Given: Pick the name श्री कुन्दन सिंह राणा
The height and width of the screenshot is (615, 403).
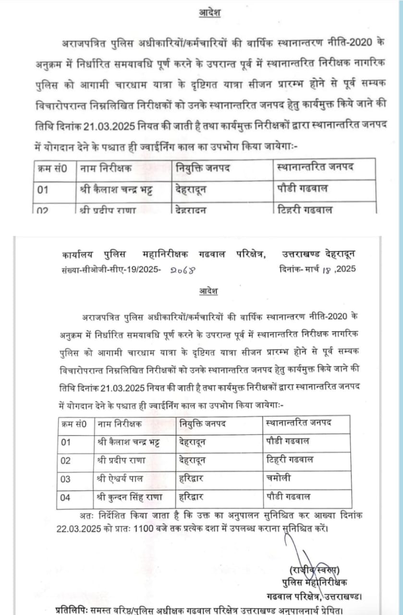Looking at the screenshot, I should click(129, 497).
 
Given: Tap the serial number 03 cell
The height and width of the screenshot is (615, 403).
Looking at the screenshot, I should click(65, 479).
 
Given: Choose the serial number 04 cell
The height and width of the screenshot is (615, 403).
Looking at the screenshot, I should click(65, 497).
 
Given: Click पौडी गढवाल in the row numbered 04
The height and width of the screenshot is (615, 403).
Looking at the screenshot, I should click(288, 497).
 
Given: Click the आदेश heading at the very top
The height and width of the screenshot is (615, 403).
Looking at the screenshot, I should click(210, 13).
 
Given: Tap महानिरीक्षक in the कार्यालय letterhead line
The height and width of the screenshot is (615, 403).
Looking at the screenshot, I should click(172, 255).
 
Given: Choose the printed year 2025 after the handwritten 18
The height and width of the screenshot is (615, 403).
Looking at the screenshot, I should click(346, 270).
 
